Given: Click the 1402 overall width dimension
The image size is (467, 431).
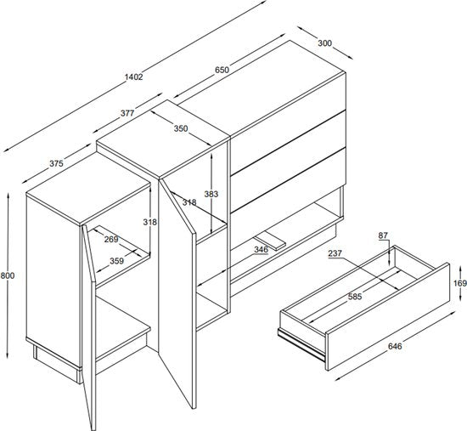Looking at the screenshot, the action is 133,77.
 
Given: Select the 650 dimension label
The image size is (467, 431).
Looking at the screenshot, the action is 222,70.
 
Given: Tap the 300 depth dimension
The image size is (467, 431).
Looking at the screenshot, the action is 324,43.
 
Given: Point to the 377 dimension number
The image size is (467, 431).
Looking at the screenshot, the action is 127,113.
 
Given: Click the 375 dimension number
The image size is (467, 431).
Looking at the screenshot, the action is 56,163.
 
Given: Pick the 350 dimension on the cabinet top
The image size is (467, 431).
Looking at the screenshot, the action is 181,128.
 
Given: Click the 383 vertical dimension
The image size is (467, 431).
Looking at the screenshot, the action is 211,194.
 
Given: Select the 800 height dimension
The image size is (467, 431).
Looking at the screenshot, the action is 8,275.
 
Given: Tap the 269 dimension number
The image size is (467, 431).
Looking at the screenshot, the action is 111,239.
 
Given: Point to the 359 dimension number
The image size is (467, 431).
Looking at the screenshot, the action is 117,261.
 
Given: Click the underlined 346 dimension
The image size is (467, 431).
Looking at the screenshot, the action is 261,250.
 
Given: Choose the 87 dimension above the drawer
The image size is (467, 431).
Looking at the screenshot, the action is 383,235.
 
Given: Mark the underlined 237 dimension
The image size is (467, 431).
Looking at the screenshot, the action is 335,253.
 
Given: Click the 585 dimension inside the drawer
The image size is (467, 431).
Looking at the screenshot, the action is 355,297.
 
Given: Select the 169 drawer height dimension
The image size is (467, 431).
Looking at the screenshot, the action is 460,283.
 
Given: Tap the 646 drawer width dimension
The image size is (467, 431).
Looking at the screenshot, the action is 395,346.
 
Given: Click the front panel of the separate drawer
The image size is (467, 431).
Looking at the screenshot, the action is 387,317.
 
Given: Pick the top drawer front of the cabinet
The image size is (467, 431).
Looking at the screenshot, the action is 289,123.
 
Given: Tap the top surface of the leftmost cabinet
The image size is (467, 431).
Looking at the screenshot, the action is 88,203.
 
